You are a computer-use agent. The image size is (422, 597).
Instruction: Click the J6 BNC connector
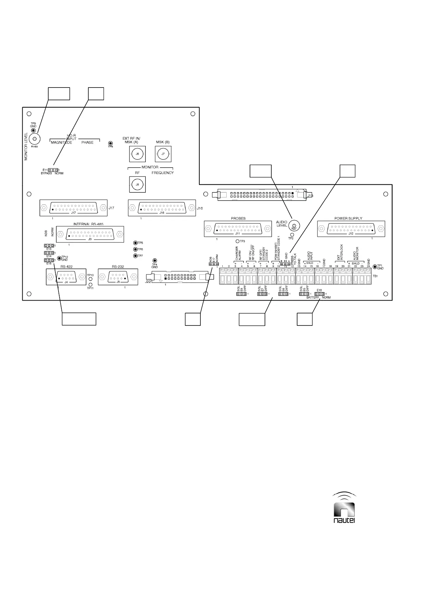pos(137,154)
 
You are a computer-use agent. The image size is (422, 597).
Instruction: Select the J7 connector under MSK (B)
pos(163,154)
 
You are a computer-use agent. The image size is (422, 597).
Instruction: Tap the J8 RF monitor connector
pos(137,184)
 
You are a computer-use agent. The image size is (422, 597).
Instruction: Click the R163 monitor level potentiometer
pos(34,139)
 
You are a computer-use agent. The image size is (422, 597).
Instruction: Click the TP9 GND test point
pos(33,130)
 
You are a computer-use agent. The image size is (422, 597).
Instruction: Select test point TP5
pos(135,243)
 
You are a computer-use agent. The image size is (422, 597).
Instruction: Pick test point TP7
pos(135,256)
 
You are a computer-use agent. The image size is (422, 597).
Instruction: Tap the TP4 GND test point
pos(155,261)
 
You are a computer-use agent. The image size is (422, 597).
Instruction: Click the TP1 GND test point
pos(375,266)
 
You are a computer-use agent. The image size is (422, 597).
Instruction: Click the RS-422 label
pos(67,267)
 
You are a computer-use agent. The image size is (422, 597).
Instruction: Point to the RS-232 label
pos(118,267)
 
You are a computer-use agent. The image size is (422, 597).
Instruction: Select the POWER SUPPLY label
pos(348,218)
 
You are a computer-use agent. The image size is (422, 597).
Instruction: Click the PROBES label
pos(238,218)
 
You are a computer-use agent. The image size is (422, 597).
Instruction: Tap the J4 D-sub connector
pos(66,277)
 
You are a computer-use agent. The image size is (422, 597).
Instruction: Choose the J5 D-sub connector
pos(118,277)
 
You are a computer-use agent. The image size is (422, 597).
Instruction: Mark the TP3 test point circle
pos(238,241)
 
